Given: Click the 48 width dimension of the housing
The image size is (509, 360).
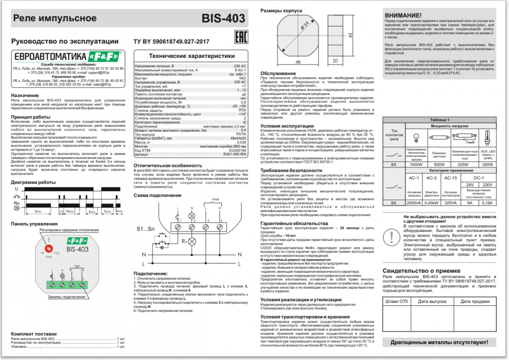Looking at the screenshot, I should [298, 62].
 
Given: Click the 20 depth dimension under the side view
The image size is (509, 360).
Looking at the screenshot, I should [334, 62].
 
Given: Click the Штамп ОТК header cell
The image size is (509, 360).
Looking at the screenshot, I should [396, 301].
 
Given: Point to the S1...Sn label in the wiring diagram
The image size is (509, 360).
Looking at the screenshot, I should [146, 229].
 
